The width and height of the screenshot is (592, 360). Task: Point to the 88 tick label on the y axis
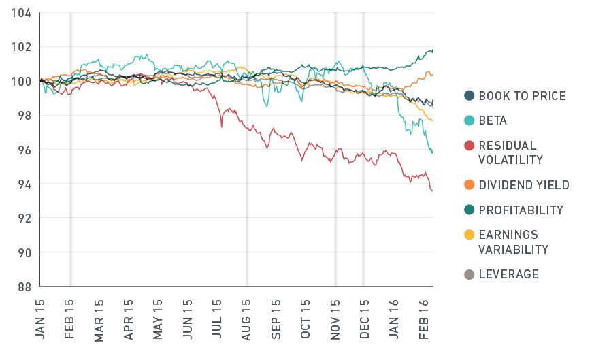(24, 287)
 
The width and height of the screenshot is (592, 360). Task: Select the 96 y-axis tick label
(24, 150)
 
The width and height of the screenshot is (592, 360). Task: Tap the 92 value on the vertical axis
(24, 218)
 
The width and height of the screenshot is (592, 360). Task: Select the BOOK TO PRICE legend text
(522, 96)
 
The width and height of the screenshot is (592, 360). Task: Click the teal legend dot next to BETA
(469, 120)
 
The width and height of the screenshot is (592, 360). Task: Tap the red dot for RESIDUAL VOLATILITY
(469, 146)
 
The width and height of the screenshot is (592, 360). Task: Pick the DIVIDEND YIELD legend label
(524, 185)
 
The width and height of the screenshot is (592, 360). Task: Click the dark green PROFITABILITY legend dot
(469, 210)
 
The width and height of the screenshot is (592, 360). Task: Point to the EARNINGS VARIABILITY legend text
(513, 242)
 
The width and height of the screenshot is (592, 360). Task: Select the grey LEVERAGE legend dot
(469, 274)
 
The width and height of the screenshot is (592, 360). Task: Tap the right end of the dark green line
(433, 50)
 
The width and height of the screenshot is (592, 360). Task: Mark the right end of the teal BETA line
(433, 152)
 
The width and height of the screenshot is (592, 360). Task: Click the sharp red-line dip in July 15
(222, 127)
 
